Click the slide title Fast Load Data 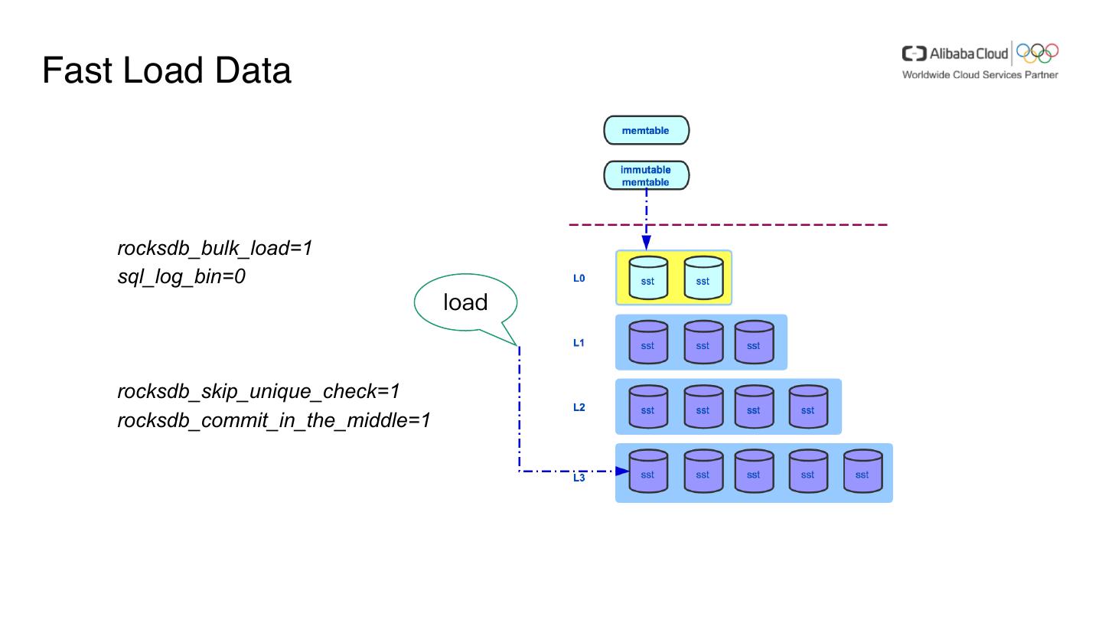(167, 70)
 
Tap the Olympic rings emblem (1038, 52)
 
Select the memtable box (646, 130)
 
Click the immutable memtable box (646, 175)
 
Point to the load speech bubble (465, 302)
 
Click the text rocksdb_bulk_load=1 (215, 248)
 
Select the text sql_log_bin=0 (181, 276)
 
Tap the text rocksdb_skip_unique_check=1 (259, 391)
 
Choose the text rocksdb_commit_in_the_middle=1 (274, 420)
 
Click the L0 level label (579, 279)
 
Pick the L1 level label (579, 343)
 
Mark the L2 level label (579, 407)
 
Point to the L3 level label (579, 478)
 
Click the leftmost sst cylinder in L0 (647, 278)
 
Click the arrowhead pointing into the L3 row (622, 472)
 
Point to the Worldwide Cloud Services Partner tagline (980, 75)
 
